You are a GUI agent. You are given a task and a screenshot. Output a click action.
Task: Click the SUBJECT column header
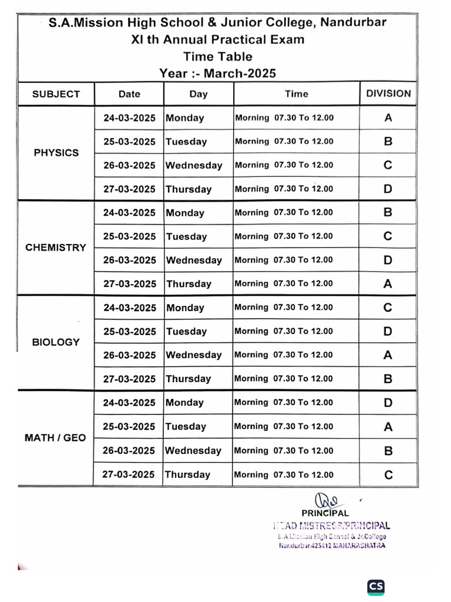56,93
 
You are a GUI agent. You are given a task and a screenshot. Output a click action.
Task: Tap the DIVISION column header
388,93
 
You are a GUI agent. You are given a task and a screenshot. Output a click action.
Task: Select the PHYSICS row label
56,153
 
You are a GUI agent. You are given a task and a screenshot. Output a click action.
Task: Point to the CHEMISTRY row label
56,248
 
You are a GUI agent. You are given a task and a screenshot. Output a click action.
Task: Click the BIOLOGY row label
56,342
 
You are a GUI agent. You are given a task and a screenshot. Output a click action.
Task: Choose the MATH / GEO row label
55,437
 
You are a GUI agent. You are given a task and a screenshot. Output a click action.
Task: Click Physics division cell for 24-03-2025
388,118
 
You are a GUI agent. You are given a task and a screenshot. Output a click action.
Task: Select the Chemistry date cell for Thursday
129,284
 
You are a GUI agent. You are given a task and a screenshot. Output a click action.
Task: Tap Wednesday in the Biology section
194,355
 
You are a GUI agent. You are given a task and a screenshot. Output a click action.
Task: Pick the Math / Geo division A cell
388,427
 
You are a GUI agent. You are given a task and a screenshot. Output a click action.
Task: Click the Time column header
296,93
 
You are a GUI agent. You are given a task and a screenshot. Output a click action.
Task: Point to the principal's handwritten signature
326,500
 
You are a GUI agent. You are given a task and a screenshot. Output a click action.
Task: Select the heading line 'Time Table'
217,56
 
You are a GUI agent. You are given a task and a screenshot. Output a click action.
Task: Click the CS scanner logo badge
376,586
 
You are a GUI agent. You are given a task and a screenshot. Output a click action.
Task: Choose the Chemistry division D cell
388,260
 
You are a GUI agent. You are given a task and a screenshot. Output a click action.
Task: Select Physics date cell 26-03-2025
129,165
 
